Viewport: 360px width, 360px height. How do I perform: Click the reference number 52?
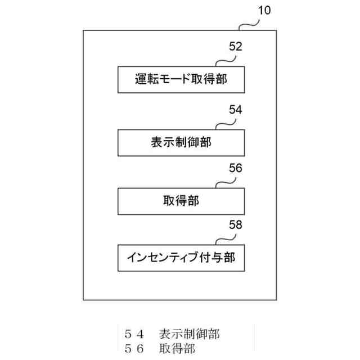coord(236,47)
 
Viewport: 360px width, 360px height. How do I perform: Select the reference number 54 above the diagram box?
coord(236,110)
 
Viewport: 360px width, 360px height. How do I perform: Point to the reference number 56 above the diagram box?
coord(236,168)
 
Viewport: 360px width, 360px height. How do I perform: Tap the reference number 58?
coord(236,225)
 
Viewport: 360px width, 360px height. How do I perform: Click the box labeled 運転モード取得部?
coord(181,79)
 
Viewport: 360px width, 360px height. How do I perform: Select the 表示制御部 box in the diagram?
coord(181,142)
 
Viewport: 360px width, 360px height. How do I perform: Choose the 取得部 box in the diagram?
coord(181,200)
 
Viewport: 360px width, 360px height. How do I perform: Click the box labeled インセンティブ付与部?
coord(181,258)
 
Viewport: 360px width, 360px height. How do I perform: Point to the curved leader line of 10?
coord(249,22)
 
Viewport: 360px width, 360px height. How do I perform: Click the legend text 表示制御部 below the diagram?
coord(189,334)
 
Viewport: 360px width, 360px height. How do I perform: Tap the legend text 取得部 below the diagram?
coord(177,349)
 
